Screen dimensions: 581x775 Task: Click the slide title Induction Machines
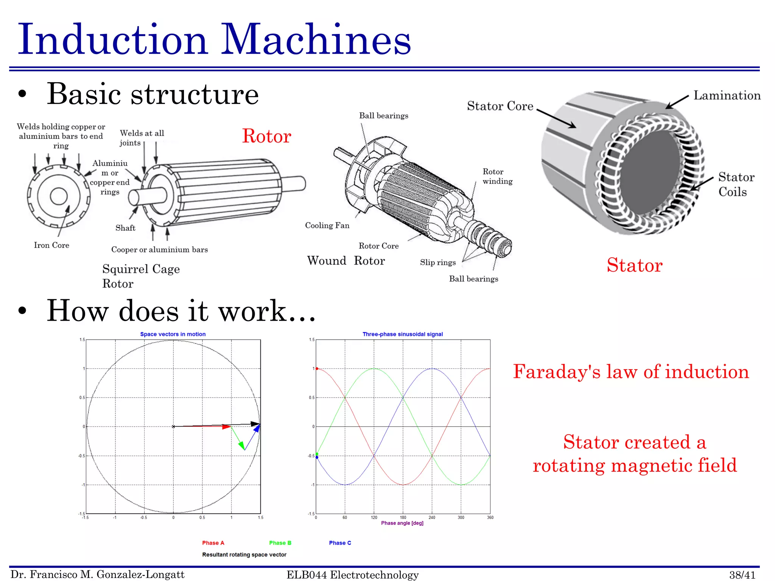214,40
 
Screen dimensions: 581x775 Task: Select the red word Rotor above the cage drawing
266,136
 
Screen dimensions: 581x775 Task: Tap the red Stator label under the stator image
635,265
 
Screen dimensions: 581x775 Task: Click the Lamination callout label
727,96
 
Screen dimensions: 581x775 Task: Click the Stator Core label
500,106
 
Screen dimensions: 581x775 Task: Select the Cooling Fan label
327,225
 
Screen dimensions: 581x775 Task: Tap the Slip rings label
437,263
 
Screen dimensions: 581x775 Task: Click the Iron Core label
51,245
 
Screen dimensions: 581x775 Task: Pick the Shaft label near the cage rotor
125,228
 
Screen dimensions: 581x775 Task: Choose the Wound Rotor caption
346,261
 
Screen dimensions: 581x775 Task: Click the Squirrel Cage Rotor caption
140,276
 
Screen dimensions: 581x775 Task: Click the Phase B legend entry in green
280,543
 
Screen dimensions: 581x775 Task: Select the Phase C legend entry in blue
340,543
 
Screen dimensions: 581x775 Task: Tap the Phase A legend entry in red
213,543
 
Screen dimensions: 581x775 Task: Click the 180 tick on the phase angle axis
403,517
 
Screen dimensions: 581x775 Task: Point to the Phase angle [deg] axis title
402,523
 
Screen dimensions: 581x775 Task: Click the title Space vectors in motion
173,334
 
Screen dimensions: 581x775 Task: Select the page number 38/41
742,575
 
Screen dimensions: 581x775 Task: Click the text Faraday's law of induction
631,371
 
